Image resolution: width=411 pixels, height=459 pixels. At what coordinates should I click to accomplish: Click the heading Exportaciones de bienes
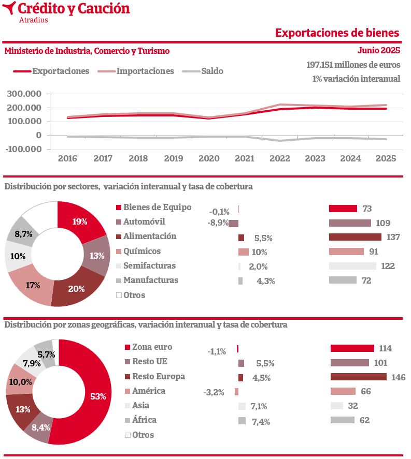(337, 33)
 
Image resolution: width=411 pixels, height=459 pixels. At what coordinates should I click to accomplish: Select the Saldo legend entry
(203, 71)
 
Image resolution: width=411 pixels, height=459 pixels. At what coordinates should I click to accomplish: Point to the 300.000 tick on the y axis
(24, 94)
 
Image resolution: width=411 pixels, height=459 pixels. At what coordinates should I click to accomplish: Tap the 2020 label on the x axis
(209, 158)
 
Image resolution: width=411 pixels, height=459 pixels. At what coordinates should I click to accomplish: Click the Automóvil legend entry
(140, 222)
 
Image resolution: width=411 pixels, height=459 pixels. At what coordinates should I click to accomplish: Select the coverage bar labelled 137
(356, 237)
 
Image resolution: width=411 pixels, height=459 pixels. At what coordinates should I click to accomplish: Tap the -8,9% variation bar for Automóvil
(233, 224)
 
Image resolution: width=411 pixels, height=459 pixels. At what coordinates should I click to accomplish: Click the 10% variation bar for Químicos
(243, 252)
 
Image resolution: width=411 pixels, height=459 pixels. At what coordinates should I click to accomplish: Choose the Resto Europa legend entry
(155, 376)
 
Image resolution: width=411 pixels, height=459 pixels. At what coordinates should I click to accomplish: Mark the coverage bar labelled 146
(359, 377)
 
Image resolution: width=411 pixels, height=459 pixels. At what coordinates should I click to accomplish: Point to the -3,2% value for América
(214, 392)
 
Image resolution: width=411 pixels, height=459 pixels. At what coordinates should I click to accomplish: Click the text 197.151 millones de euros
(353, 65)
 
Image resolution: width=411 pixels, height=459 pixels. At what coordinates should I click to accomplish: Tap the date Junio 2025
(379, 50)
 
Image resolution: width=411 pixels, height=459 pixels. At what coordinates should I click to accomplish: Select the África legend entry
(140, 420)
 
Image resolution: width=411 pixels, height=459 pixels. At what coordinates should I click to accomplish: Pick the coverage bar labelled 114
(352, 348)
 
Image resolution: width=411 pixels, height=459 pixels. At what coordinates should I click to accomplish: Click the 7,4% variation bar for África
(242, 421)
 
